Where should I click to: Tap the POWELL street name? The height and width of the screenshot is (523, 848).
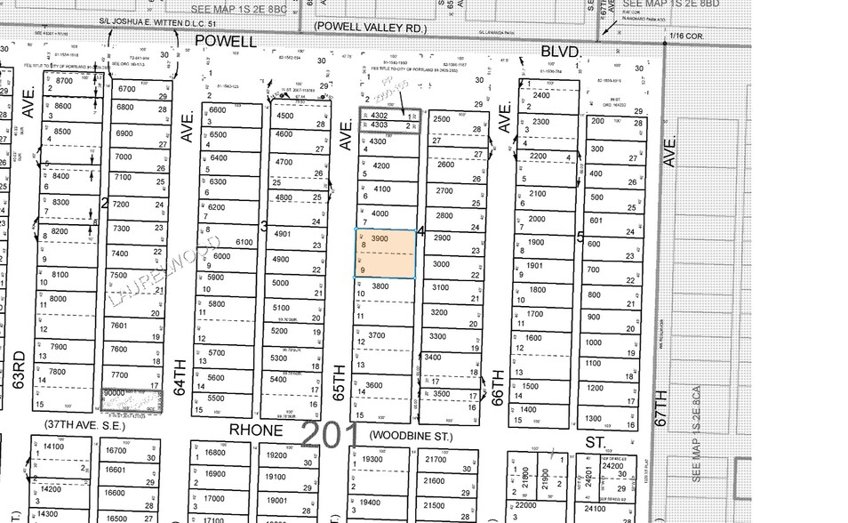pyautogui.click(x=226, y=41)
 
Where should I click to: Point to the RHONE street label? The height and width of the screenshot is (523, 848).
pyautogui.click(x=256, y=430)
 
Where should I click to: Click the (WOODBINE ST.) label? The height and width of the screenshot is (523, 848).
pyautogui.click(x=412, y=437)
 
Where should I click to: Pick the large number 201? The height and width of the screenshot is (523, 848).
pyautogui.click(x=331, y=435)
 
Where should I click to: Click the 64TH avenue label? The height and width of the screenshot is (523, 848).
pyautogui.click(x=181, y=377)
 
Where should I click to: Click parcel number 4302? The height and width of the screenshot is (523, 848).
pyautogui.click(x=380, y=116)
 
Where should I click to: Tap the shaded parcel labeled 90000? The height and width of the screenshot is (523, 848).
pyautogui.click(x=115, y=392)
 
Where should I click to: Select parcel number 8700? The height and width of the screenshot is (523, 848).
pyautogui.click(x=63, y=81)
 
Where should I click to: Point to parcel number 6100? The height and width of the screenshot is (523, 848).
pyautogui.click(x=244, y=242)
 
